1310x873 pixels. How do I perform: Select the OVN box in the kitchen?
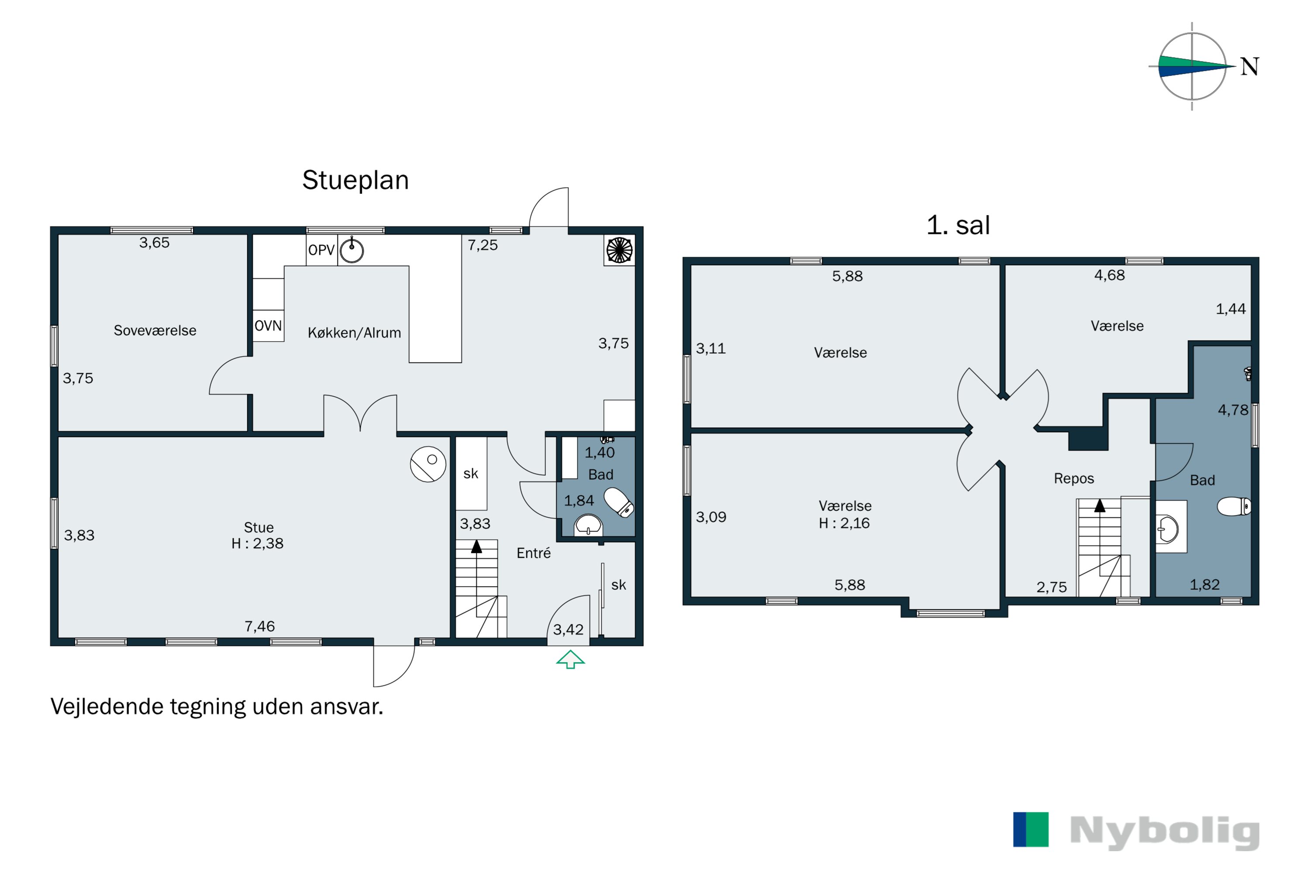pos(268,326)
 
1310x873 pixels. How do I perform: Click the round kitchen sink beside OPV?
pos(352,251)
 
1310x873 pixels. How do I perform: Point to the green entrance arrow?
pos(570,659)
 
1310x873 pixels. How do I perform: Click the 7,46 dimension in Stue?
pos(259,626)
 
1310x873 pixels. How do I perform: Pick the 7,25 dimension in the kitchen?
pos(483,245)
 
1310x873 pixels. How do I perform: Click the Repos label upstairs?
pos(1074,478)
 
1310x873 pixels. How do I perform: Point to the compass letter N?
pos(1250,67)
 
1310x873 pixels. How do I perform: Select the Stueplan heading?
pos(355,180)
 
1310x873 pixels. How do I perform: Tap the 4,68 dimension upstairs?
pos(1110,275)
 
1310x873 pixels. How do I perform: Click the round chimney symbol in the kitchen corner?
pos(619,250)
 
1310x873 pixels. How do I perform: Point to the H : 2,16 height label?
pos(844,523)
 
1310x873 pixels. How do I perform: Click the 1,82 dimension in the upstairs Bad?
pos(1205,584)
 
